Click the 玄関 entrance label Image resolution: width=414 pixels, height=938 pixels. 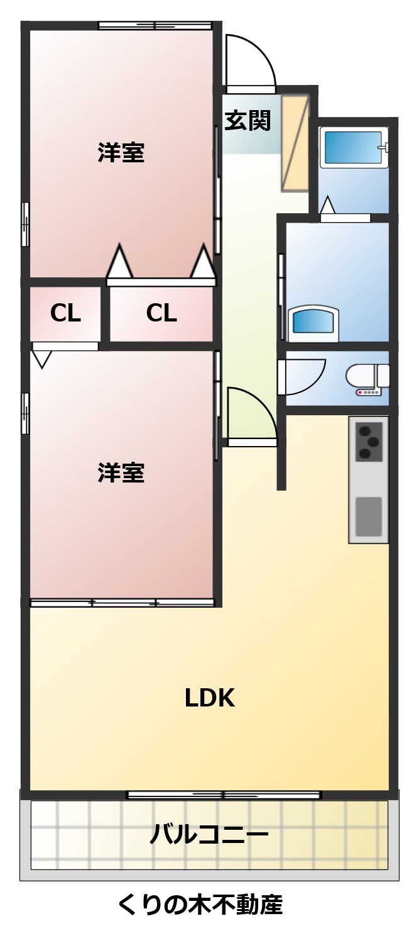click(248, 120)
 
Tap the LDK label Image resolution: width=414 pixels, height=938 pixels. click(209, 698)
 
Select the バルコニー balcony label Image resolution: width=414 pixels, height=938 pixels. click(209, 835)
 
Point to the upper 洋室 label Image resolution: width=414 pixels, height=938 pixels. click(121, 152)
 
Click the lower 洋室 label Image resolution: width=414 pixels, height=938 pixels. click(121, 472)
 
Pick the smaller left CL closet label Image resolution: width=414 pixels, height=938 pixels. click(65, 313)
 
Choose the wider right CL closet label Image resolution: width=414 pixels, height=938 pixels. click(161, 313)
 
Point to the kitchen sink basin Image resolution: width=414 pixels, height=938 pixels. click(369, 516)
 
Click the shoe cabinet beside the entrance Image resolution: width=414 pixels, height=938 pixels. click(295, 143)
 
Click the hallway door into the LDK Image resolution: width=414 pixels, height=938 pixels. click(250, 415)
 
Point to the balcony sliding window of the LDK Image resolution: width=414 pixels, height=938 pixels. click(224, 795)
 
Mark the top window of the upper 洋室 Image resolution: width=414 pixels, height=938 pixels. click(155, 26)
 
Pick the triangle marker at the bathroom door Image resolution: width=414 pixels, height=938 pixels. click(327, 206)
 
